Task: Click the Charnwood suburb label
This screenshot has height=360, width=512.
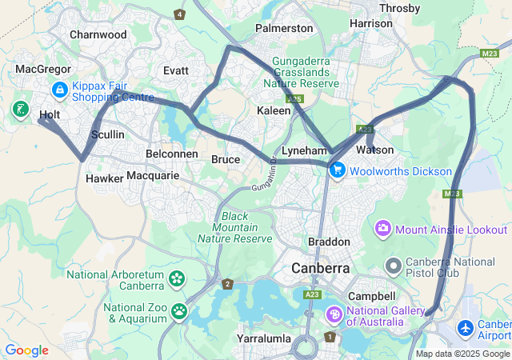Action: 98,34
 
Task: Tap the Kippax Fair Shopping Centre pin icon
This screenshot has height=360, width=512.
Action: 60,90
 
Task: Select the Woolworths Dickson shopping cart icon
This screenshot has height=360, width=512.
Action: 338,170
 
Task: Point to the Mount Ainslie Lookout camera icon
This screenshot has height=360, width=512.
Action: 382,230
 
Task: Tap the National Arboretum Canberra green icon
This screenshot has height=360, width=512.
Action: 176,279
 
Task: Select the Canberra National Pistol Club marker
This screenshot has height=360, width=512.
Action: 393,265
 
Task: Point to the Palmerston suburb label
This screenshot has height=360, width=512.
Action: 284,28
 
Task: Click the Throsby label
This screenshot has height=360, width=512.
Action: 399,9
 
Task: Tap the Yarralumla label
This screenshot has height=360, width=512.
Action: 264,338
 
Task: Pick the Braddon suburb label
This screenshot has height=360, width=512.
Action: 329,242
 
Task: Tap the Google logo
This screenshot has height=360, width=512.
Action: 26,350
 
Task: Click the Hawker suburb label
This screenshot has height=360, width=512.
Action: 104,178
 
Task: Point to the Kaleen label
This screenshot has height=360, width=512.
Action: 274,110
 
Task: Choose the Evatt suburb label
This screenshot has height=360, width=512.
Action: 176,70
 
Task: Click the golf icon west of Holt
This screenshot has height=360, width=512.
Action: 20,109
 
